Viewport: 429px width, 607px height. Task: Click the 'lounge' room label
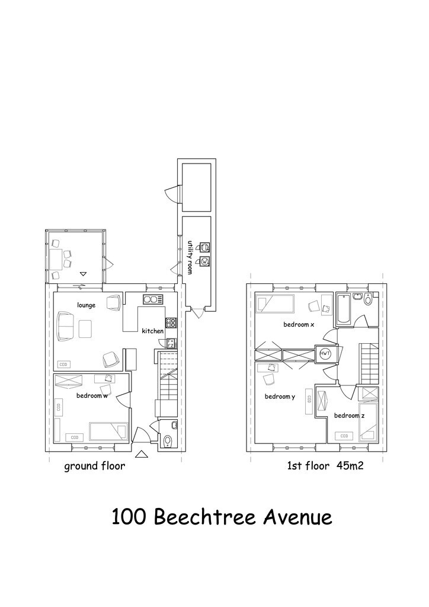86,305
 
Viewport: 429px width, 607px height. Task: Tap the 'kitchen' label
152,331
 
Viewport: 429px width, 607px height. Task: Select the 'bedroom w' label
92,395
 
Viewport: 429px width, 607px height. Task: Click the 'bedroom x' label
298,324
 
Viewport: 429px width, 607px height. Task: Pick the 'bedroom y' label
280,397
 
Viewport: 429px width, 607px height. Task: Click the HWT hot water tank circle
325,353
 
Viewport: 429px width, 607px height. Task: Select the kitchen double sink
153,299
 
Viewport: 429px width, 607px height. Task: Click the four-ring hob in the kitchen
171,323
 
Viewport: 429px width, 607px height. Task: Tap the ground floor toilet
168,440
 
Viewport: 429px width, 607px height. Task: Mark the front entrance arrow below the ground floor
142,455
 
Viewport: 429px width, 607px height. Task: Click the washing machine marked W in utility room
206,261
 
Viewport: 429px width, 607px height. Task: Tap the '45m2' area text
350,466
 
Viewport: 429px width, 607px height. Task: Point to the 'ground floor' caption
94,466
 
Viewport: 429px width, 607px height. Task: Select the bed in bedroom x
276,303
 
